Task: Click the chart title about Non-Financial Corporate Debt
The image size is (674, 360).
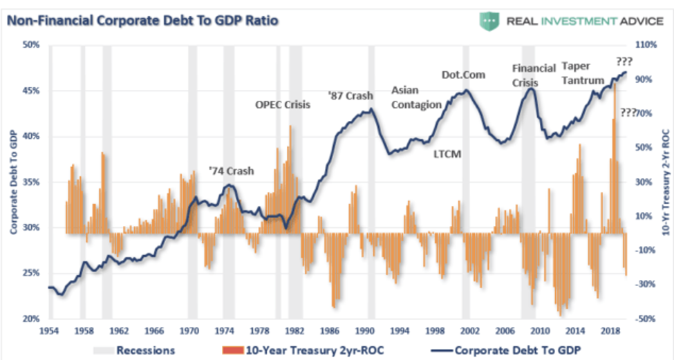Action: point(142,21)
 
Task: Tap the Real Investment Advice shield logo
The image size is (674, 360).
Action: point(489,21)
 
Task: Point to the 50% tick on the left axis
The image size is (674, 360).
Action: point(31,46)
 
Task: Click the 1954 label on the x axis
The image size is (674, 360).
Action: point(48,330)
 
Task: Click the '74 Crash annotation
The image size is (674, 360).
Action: point(231,171)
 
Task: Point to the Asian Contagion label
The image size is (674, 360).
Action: point(416,97)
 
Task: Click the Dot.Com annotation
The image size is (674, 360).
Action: point(463,75)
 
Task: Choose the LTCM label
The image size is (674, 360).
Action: point(447,154)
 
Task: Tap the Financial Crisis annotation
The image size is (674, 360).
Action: point(534,75)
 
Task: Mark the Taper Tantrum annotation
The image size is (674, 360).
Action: point(583,73)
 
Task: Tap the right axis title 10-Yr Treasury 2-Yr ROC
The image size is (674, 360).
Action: point(665,182)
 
